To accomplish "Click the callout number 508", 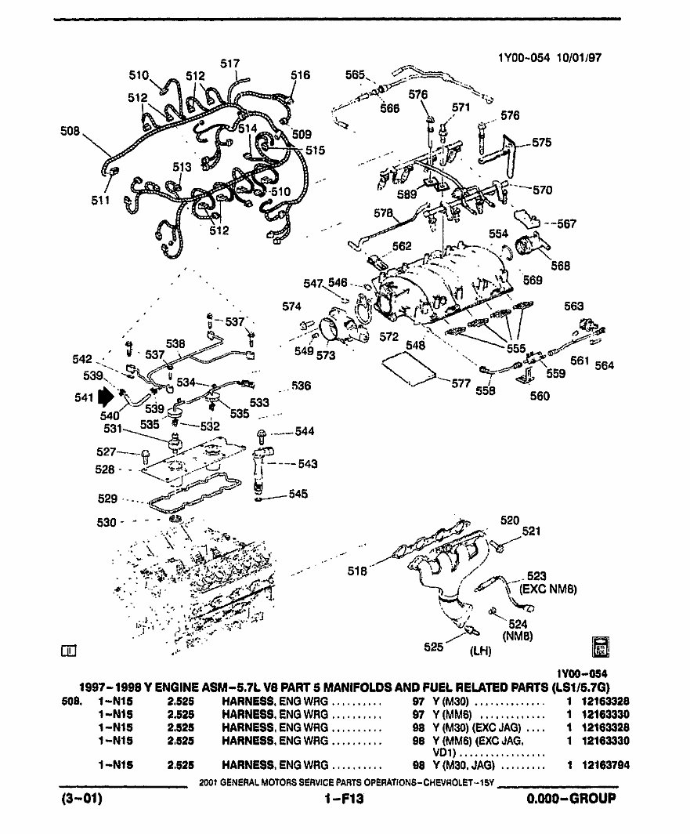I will (70, 132).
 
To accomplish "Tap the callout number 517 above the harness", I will (229, 63).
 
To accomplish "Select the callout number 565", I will (355, 74).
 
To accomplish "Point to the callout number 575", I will (541, 143).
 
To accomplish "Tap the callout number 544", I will (305, 432).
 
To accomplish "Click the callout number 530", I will (107, 523).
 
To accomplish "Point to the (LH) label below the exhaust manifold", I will (480, 651).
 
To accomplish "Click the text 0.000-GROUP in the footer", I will (571, 800).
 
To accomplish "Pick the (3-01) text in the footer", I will (81, 800).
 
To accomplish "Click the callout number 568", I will (560, 266).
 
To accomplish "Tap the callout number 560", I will (540, 396).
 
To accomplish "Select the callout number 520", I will (510, 520).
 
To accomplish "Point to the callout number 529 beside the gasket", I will (107, 499).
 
